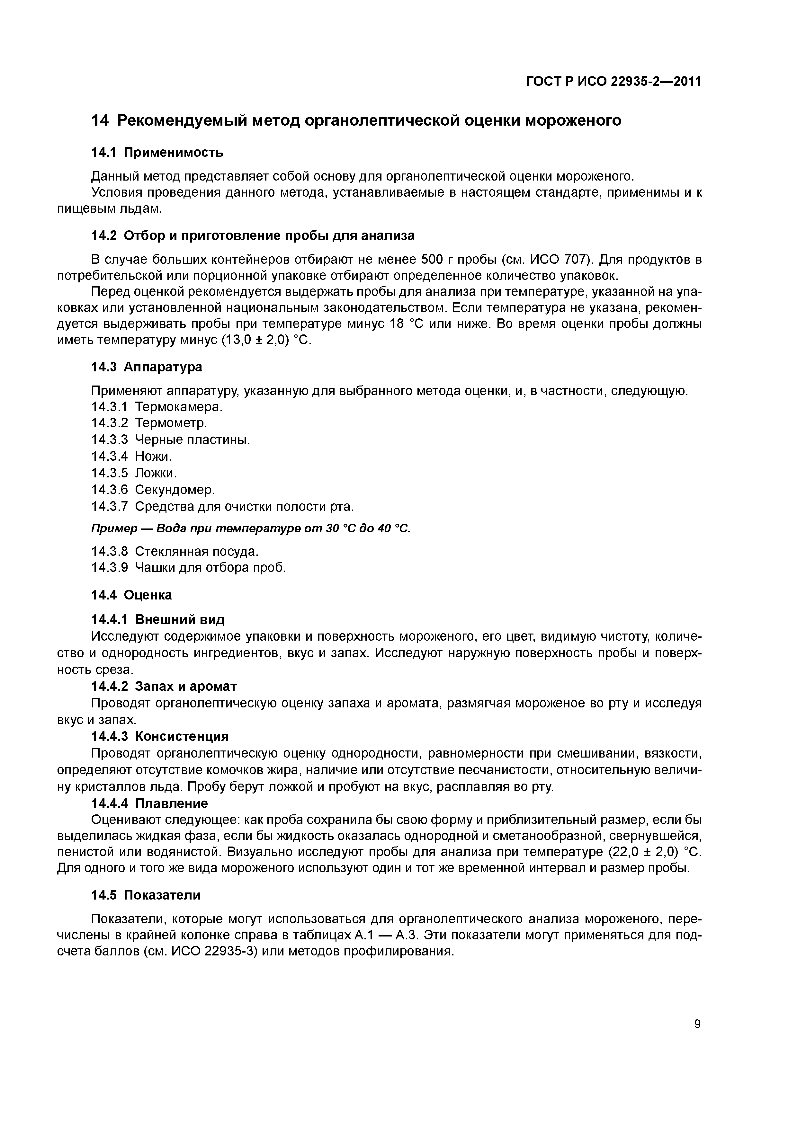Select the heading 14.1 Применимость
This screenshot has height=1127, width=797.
pos(157,153)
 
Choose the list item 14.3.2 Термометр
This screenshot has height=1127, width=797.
pos(149,423)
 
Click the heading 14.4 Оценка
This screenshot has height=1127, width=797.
pos(132,595)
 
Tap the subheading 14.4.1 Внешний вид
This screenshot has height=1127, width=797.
pos(158,619)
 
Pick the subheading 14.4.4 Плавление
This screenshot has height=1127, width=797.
pos(150,803)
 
